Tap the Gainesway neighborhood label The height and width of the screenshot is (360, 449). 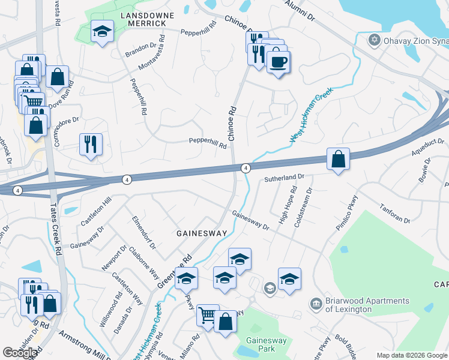[201, 233]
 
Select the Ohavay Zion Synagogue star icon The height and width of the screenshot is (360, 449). [374, 40]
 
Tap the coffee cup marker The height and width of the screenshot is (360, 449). [278, 61]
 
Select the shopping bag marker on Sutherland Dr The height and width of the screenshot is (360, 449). [339, 159]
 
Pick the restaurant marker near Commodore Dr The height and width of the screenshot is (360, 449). [91, 145]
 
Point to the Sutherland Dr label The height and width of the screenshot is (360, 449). [285, 178]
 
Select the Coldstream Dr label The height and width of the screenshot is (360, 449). [303, 208]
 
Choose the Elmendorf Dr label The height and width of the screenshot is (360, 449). [144, 232]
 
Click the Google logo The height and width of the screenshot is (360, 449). [20, 353]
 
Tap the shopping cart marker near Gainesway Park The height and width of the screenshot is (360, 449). [207, 314]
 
